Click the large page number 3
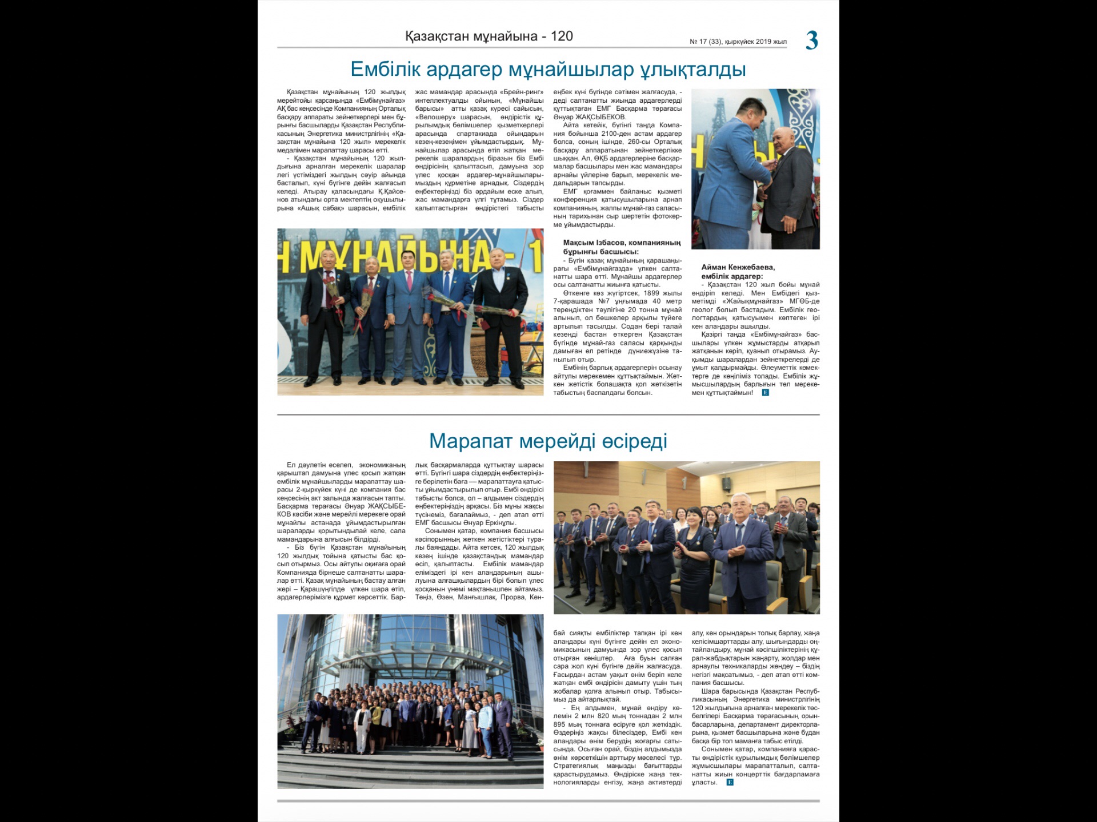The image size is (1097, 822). coord(812,41)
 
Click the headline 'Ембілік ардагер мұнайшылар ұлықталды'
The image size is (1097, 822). coord(548,69)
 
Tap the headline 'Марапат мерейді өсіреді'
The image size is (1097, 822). coord(548,441)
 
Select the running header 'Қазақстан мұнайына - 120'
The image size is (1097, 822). coord(489,37)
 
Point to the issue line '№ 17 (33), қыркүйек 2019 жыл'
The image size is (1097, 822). coord(738,42)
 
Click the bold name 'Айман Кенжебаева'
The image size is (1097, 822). coord(738,267)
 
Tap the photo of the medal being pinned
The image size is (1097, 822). coord(755,169)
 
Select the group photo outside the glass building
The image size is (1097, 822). coord(410,701)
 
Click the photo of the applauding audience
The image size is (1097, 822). coord(686,537)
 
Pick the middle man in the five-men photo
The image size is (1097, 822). coord(408,314)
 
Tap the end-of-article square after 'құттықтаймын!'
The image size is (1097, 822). coord(766,393)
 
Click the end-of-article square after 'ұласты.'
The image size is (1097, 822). coord(730,782)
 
